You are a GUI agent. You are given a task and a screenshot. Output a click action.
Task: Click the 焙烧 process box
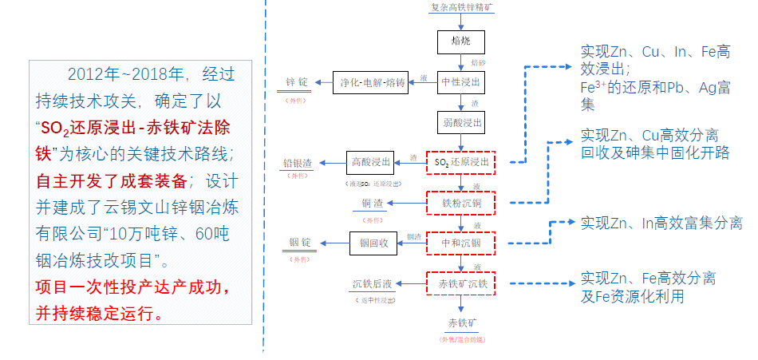click(461, 42)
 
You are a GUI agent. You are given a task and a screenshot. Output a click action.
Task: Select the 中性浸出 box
click(461, 82)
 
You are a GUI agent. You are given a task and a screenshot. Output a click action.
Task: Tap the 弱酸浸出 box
click(461, 122)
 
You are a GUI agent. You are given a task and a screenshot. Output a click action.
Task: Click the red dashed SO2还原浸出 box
click(461, 163)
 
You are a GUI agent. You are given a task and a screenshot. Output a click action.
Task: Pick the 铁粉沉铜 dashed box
click(461, 203)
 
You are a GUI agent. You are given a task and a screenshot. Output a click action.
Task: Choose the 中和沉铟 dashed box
click(461, 243)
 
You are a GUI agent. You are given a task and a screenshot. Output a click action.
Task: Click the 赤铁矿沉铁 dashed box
click(461, 283)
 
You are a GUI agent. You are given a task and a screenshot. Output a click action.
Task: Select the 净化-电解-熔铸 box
click(373, 82)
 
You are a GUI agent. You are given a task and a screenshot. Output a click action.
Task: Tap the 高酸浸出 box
click(372, 163)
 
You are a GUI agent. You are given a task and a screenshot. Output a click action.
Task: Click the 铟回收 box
click(373, 243)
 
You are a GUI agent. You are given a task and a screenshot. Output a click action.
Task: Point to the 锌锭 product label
click(297, 82)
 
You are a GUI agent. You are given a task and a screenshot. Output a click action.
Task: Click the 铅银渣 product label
click(297, 163)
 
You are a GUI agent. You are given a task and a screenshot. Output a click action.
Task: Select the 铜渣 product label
click(373, 204)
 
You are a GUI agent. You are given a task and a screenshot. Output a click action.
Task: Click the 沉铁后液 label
click(372, 283)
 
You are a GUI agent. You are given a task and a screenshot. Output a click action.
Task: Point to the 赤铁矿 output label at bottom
click(462, 323)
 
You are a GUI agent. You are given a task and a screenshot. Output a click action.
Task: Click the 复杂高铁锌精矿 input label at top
click(461, 7)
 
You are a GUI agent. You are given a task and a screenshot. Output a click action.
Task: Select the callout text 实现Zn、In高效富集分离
click(661, 222)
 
